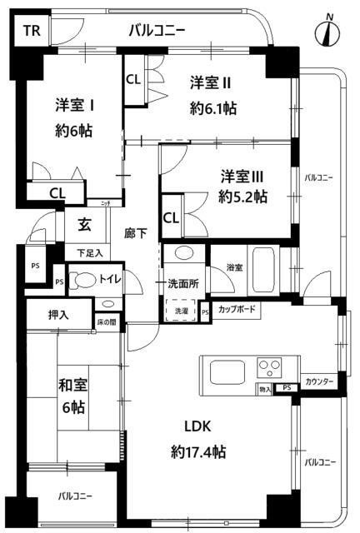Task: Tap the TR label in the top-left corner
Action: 31,32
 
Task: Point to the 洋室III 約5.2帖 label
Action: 243,187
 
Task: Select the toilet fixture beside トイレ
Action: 82,281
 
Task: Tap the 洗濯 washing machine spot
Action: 181,311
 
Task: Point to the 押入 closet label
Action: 46,316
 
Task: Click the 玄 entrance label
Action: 85,225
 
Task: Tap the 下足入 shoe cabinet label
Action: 90,252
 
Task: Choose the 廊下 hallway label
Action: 136,234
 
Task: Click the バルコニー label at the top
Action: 157,32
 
